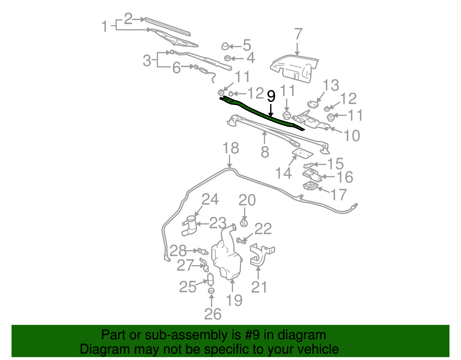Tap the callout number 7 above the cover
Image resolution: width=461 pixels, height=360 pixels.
(298, 34)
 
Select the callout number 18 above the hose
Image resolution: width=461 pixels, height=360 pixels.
(231, 148)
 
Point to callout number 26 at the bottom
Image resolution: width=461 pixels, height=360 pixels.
(213, 314)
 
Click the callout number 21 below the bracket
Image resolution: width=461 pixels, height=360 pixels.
(259, 287)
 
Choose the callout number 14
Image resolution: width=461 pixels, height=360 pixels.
(284, 173)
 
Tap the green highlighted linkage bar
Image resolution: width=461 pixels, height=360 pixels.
(262, 113)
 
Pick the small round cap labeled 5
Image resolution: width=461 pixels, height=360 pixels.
(225, 46)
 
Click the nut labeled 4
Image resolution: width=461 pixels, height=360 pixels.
(228, 58)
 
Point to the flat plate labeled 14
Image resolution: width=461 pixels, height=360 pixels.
(303, 153)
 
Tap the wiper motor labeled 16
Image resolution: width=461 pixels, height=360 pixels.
(312, 175)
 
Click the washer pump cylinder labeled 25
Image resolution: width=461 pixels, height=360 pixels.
(210, 279)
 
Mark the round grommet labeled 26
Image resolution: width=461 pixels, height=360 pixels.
(211, 291)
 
